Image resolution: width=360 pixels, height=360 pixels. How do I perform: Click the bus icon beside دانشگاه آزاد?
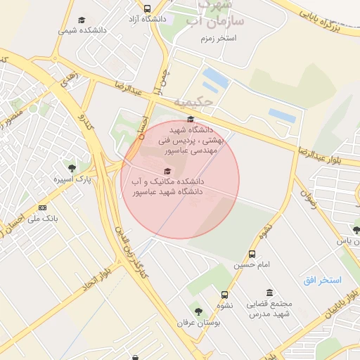[147, 9]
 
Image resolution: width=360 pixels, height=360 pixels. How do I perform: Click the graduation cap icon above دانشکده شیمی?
[82, 20]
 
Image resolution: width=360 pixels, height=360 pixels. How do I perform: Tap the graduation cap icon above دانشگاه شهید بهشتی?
[190, 118]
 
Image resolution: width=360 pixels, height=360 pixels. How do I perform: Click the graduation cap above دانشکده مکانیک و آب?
[167, 171]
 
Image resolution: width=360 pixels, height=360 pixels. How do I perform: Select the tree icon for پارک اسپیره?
[72, 168]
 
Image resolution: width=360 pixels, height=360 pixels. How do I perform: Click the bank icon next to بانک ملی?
[43, 207]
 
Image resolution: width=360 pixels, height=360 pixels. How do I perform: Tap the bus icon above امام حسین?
[252, 254]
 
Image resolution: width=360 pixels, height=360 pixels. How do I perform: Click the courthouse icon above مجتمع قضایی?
[269, 292]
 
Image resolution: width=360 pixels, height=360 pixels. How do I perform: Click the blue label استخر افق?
[322, 280]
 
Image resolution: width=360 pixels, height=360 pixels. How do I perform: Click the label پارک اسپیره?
[72, 180]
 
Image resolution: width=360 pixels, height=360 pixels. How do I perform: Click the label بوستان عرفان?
[198, 322]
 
